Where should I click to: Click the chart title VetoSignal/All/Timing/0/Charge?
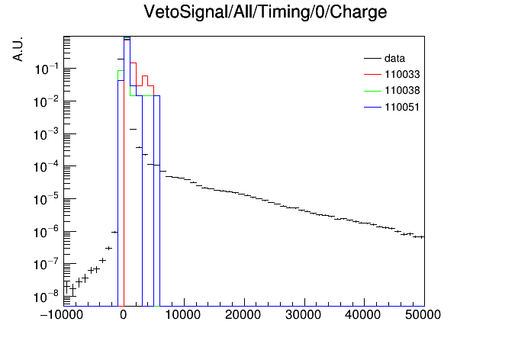[x=265, y=12]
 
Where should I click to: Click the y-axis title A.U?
[x=18, y=50]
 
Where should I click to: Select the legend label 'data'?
[x=394, y=59]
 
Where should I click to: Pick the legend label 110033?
[x=402, y=74]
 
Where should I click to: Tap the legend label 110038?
[x=402, y=91]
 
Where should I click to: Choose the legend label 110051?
[x=402, y=107]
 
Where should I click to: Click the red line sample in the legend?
[x=372, y=75]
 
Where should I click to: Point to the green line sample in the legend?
[x=372, y=91]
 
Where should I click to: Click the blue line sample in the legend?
[x=372, y=108]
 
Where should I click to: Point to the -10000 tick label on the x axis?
[x=61, y=315]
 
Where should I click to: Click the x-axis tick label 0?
[x=124, y=315]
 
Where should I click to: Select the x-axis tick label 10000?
[x=182, y=315]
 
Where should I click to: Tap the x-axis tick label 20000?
[x=243, y=315]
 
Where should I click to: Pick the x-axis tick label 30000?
[x=303, y=315]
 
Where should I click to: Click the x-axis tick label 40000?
[x=363, y=315]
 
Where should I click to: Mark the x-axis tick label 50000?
[x=423, y=315]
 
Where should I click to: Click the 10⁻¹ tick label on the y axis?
[x=47, y=69]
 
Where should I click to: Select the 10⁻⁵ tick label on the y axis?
[x=47, y=200]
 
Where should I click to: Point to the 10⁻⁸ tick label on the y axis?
[x=47, y=297]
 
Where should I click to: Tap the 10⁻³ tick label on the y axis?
[x=47, y=134]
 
